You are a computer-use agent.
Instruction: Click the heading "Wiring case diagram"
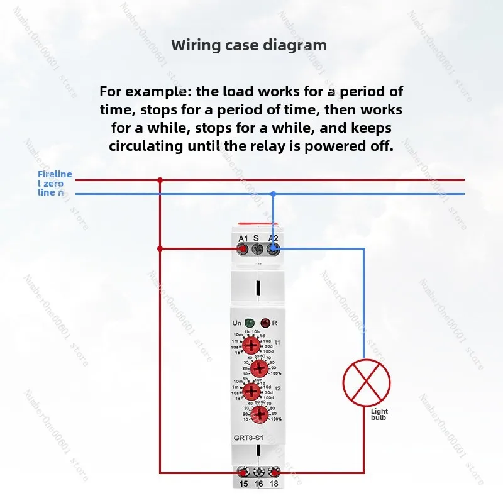coord(249,45)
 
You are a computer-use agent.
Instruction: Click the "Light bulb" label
coord(380,415)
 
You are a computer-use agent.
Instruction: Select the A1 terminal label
coord(243,238)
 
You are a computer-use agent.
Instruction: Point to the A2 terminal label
coord(274,238)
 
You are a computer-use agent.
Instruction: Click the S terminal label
coord(256,238)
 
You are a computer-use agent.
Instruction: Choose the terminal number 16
coord(258,484)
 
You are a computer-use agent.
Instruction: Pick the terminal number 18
coord(274,484)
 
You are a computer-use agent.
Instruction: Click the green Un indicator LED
coord(250,323)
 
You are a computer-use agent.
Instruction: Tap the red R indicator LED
coord(265,323)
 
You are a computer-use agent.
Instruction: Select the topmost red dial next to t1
coord(251,345)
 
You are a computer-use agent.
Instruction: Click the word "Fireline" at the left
coord(55,174)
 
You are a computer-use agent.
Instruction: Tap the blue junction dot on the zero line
coord(273,194)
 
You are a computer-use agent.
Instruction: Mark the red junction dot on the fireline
coord(160,180)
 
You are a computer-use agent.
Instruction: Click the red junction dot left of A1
coord(160,248)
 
